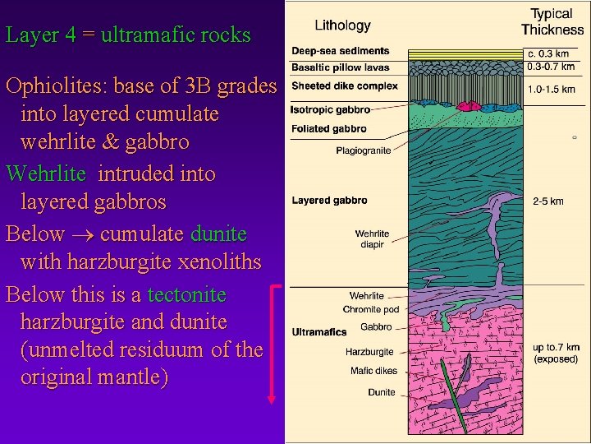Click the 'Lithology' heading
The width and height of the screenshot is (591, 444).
(x=343, y=25)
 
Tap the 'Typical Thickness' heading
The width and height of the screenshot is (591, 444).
(x=552, y=22)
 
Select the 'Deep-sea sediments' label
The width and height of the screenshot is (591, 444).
(x=341, y=52)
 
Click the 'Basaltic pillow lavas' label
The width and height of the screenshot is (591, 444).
(x=341, y=67)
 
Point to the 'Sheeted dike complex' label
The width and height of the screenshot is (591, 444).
(x=345, y=86)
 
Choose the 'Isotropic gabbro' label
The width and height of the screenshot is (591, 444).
(x=331, y=109)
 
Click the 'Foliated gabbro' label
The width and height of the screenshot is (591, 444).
(x=329, y=129)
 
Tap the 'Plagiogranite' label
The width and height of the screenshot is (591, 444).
(x=364, y=150)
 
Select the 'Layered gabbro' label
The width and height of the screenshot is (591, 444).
(x=329, y=201)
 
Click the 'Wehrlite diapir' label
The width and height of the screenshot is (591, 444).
(x=372, y=239)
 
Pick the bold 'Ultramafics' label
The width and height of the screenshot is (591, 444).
(x=318, y=332)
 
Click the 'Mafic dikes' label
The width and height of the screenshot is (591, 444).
(x=373, y=372)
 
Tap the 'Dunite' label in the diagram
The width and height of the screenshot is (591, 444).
(x=381, y=393)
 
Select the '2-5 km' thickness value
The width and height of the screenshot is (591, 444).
(x=547, y=201)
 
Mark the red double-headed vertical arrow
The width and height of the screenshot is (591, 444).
(x=272, y=345)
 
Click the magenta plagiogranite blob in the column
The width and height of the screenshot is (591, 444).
(x=471, y=106)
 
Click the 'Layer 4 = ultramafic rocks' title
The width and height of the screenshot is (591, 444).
(x=127, y=35)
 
